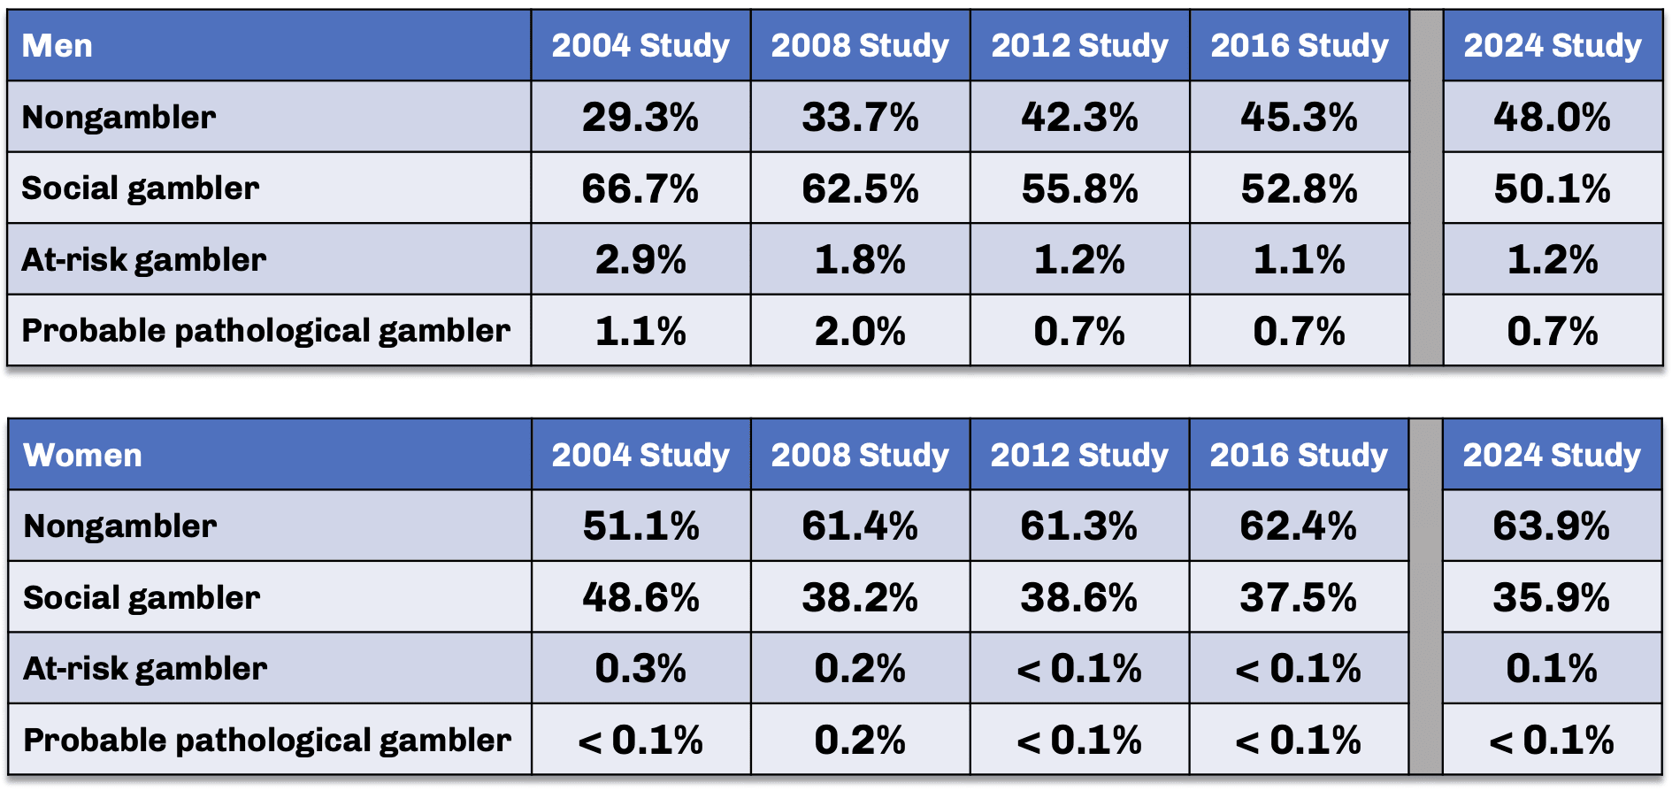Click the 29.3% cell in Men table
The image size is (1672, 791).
(640, 117)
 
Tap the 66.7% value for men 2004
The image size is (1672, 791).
(640, 188)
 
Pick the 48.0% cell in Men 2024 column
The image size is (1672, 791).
(1552, 117)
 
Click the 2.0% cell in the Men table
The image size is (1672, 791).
(860, 331)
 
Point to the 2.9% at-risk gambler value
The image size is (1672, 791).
(640, 259)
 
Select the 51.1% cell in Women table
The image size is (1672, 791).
(640, 526)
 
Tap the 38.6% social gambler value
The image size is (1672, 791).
(1078, 597)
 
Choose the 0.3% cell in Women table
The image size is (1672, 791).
(640, 668)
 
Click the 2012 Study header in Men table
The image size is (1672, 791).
(1079, 46)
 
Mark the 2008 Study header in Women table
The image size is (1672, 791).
(860, 455)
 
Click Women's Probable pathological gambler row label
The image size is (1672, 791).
(267, 740)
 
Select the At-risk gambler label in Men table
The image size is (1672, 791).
(143, 259)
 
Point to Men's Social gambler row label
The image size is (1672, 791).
(140, 188)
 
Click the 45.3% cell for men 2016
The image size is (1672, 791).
(1299, 117)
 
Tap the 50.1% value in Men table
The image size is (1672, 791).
(1552, 188)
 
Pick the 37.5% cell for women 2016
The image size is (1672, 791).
(1298, 597)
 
